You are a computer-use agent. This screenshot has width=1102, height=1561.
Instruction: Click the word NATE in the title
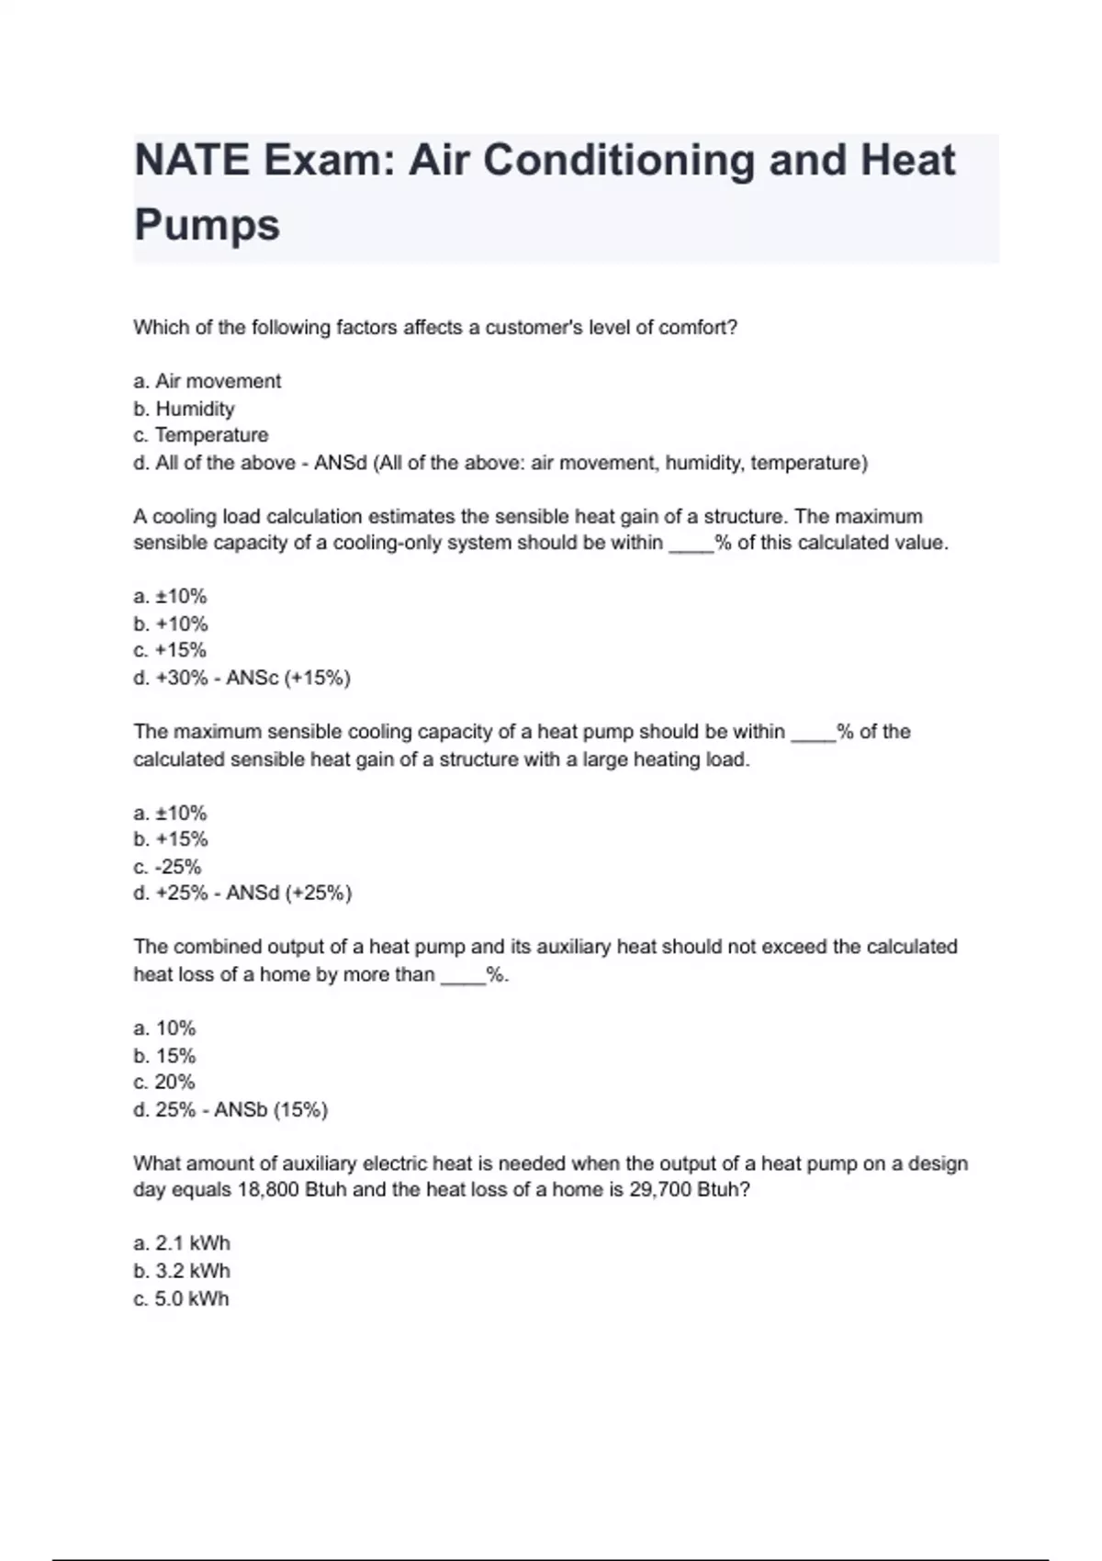point(192,160)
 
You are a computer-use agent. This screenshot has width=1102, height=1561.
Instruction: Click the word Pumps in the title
point(207,225)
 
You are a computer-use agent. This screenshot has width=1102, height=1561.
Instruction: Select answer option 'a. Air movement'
point(208,381)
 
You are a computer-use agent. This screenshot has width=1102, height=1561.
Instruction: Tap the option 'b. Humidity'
point(184,409)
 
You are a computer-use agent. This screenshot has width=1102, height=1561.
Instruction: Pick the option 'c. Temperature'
point(201,435)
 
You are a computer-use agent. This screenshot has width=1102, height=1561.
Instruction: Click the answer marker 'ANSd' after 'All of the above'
point(340,463)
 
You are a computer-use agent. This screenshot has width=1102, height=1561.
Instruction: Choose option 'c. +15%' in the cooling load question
point(170,650)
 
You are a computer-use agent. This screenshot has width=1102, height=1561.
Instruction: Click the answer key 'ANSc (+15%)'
point(288,678)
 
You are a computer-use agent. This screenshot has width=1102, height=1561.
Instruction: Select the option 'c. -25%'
point(167,866)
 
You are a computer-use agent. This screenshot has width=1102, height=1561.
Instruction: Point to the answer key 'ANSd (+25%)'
point(288,893)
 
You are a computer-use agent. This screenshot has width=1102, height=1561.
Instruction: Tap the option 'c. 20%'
point(164,1082)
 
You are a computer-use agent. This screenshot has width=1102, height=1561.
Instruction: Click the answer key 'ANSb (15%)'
point(271,1109)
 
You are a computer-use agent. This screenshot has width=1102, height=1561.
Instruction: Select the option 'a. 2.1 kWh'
point(182,1243)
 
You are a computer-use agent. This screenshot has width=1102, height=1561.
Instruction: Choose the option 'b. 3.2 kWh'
point(182,1271)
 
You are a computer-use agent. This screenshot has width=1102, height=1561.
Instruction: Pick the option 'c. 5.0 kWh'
point(182,1298)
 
